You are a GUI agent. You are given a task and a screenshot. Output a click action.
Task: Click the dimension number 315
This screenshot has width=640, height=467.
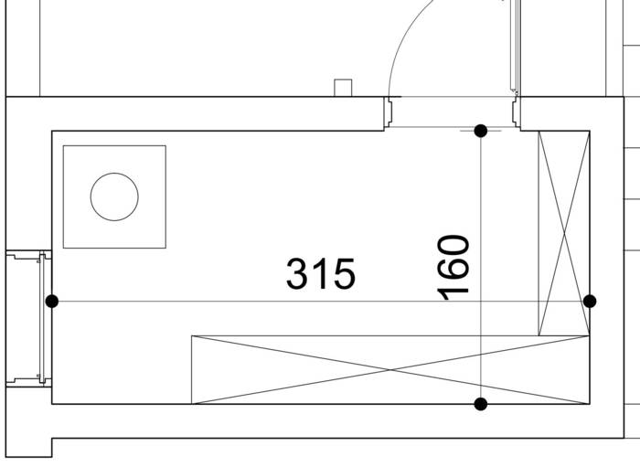tap(321, 273)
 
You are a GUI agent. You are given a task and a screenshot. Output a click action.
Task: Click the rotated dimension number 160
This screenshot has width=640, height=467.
tap(453, 267)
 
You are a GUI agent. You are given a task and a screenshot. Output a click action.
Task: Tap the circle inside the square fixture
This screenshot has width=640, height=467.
tap(114, 196)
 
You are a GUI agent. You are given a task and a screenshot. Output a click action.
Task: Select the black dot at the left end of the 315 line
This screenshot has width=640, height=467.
tap(52, 302)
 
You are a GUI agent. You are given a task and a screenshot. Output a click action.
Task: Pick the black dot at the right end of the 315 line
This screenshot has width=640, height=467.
tap(590, 302)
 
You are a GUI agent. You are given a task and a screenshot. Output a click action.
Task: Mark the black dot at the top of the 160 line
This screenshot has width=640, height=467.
tap(481, 131)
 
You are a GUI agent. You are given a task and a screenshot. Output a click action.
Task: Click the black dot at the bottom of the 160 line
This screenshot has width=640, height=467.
tap(481, 404)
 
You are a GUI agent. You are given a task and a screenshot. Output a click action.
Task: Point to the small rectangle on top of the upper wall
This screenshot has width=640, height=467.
tap(343, 88)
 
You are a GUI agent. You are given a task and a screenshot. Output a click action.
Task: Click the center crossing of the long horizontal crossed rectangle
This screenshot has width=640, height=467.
tap(390, 370)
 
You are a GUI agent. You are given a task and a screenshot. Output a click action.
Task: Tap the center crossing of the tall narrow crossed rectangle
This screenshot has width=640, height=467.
tap(564, 233)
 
